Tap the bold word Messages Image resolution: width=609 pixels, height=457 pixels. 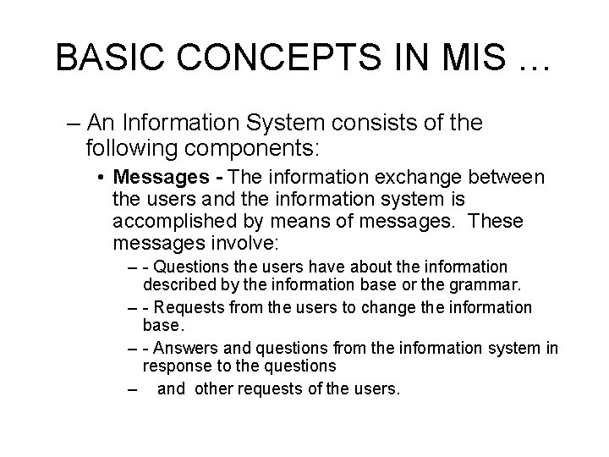click(162, 179)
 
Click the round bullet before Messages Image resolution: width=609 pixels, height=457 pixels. click(101, 179)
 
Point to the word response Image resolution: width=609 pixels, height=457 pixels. click(175, 366)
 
